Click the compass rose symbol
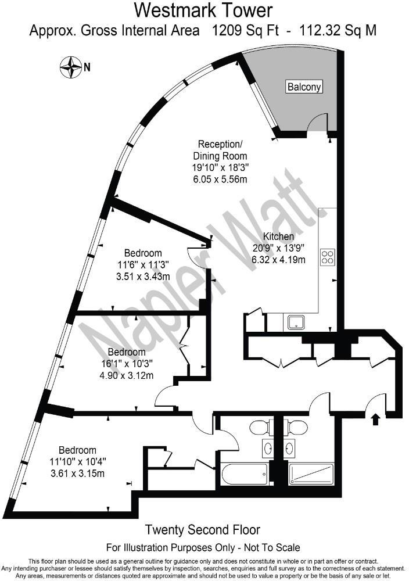[x=71, y=67]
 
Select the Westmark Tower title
[x=203, y=10]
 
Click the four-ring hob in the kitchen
[x=328, y=257]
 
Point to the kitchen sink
[x=295, y=322]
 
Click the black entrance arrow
[x=375, y=418]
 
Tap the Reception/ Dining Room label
[x=223, y=150]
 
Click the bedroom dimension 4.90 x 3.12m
[x=126, y=375]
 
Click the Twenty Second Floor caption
[x=202, y=530]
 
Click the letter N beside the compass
[x=87, y=67]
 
